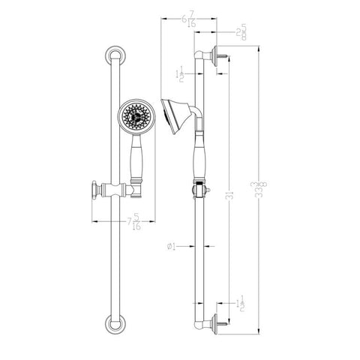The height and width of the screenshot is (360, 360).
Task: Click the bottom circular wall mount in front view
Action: pos(114,325)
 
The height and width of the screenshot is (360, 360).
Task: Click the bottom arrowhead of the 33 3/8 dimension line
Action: pos(259,328)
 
